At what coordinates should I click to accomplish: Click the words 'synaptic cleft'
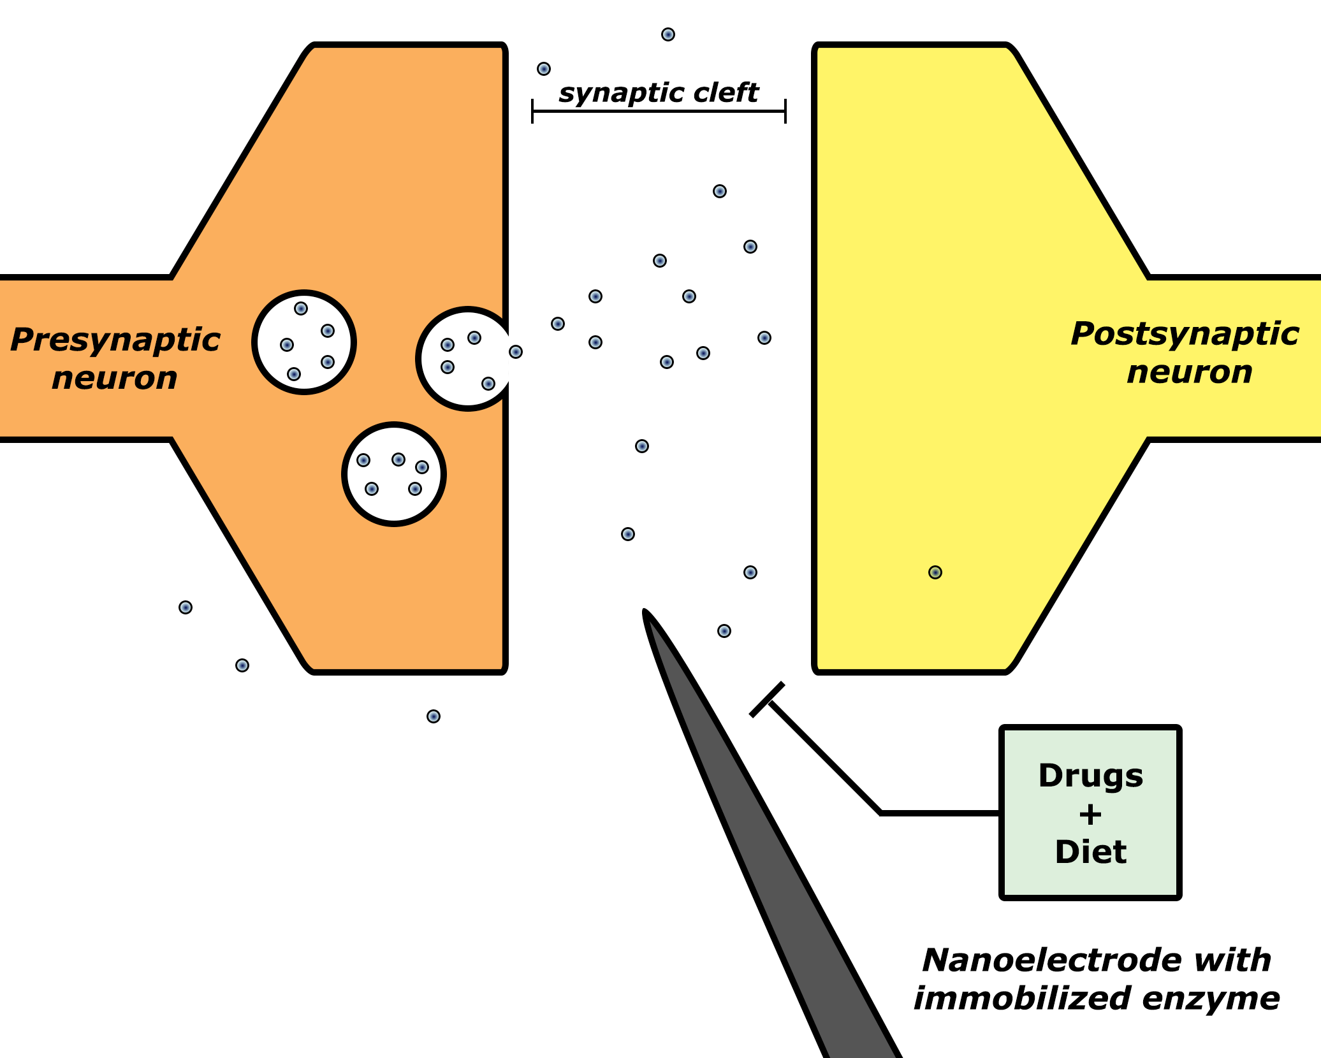[659, 93]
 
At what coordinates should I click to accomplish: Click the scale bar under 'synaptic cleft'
[659, 112]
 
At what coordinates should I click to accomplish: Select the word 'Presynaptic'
[115, 340]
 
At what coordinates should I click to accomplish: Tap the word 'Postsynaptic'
[1185, 334]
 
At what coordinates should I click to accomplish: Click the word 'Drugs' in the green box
[1090, 776]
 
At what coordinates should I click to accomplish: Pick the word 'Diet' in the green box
[1090, 852]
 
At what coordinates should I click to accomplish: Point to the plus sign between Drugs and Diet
[1090, 815]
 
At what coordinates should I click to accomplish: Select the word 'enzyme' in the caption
[1211, 999]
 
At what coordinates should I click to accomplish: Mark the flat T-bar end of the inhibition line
[767, 700]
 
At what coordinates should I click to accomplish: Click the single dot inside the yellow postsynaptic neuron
[935, 572]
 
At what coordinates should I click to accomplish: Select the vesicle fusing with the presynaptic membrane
[465, 359]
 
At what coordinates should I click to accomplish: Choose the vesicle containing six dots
[304, 342]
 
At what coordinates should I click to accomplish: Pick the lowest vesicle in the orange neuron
[394, 474]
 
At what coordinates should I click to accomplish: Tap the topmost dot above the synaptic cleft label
[668, 34]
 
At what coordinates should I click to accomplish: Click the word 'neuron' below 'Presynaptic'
[115, 378]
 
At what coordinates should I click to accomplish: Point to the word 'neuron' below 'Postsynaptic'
[1190, 372]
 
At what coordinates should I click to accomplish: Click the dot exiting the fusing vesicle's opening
[516, 352]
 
